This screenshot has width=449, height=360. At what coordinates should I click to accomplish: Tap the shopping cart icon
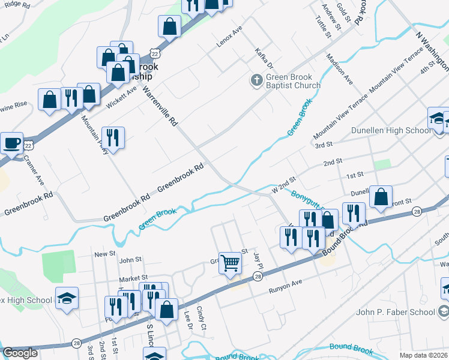coord(230,262)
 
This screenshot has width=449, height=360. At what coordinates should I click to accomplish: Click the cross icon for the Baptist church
coord(256,80)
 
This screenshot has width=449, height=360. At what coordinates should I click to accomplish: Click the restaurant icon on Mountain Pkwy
coord(113,138)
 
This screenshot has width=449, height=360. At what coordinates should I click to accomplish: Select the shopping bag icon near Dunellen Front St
coord(381,197)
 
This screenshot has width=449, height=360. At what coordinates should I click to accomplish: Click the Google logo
coord(20,353)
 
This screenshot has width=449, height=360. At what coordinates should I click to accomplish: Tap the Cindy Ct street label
coord(201,319)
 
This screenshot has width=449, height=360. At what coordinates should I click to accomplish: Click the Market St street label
coord(133,278)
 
